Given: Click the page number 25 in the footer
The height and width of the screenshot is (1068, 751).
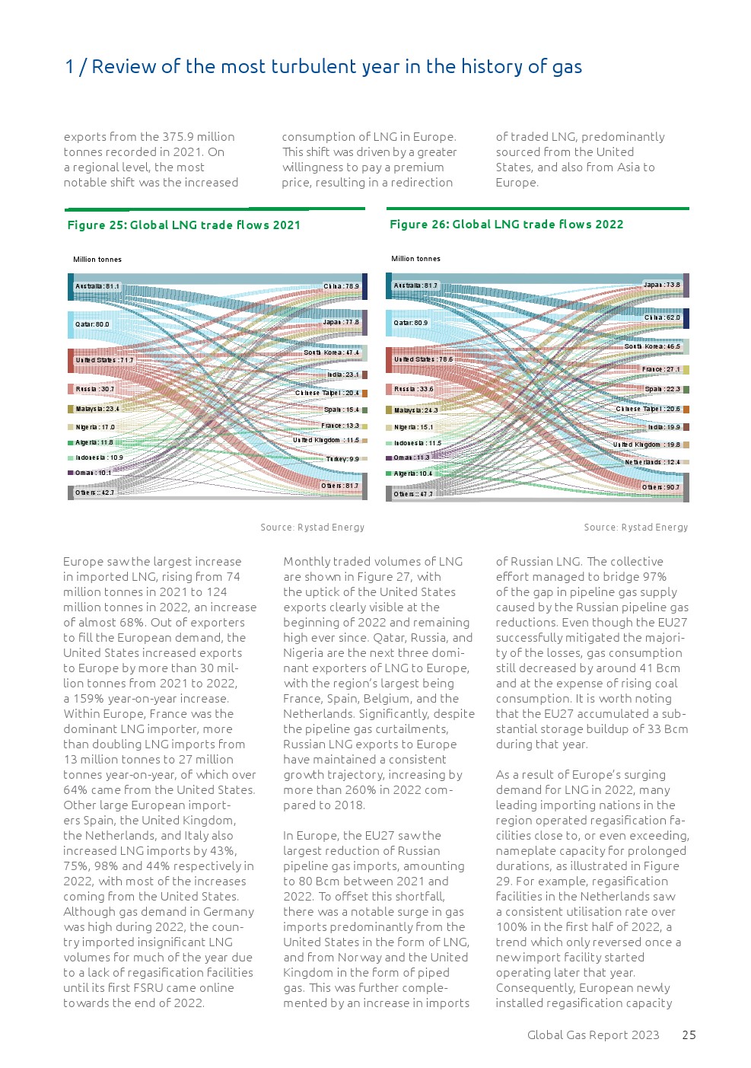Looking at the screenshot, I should (689, 1035).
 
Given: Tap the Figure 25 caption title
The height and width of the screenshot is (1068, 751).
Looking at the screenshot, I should (184, 225).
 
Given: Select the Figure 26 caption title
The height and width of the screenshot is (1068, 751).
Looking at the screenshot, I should (506, 225).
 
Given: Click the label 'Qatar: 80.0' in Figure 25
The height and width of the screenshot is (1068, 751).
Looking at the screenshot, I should (92, 324).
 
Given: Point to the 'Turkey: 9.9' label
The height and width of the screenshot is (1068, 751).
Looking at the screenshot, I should (342, 459).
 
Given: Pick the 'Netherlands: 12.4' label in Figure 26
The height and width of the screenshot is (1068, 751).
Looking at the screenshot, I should (652, 462).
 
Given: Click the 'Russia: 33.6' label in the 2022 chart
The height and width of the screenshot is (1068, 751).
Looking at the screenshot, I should (413, 389).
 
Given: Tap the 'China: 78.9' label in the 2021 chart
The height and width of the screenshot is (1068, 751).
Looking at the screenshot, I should (341, 287).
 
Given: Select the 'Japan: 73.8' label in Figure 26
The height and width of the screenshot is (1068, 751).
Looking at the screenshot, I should (661, 285).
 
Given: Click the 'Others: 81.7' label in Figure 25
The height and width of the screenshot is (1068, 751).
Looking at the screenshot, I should (339, 486).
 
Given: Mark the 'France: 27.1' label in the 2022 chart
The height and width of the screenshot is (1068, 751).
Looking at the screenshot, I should (660, 369).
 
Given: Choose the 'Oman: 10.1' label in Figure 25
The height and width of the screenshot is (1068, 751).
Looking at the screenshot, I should (94, 473).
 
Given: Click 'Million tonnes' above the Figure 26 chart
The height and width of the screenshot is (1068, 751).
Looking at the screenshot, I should (415, 259).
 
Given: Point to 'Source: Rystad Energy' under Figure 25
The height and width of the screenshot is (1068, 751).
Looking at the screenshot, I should (312, 528).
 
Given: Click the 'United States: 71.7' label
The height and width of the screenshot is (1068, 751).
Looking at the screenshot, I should (104, 360).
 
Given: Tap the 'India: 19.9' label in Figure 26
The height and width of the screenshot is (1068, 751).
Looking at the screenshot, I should (663, 427).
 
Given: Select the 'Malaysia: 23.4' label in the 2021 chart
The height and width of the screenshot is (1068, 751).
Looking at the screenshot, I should (97, 409).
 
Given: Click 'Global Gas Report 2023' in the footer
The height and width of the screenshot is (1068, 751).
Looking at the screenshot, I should (593, 1035).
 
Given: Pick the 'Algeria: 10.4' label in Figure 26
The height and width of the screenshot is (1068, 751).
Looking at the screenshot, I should (413, 473).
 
